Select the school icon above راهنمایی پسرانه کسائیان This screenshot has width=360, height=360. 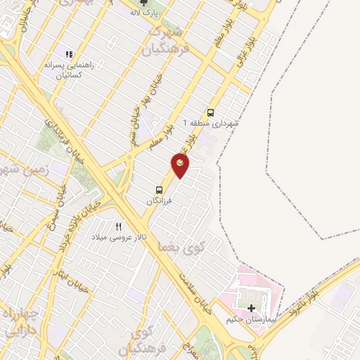(x=69, y=53)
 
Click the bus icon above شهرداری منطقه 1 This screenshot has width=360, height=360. (x=210, y=112)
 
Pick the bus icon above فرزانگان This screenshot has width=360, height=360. (x=160, y=190)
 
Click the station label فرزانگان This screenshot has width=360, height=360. (x=159, y=201)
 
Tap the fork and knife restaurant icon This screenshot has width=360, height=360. (x=118, y=226)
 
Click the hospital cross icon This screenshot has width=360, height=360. (x=251, y=308)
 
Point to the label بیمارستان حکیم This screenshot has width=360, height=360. (x=250, y=319)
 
